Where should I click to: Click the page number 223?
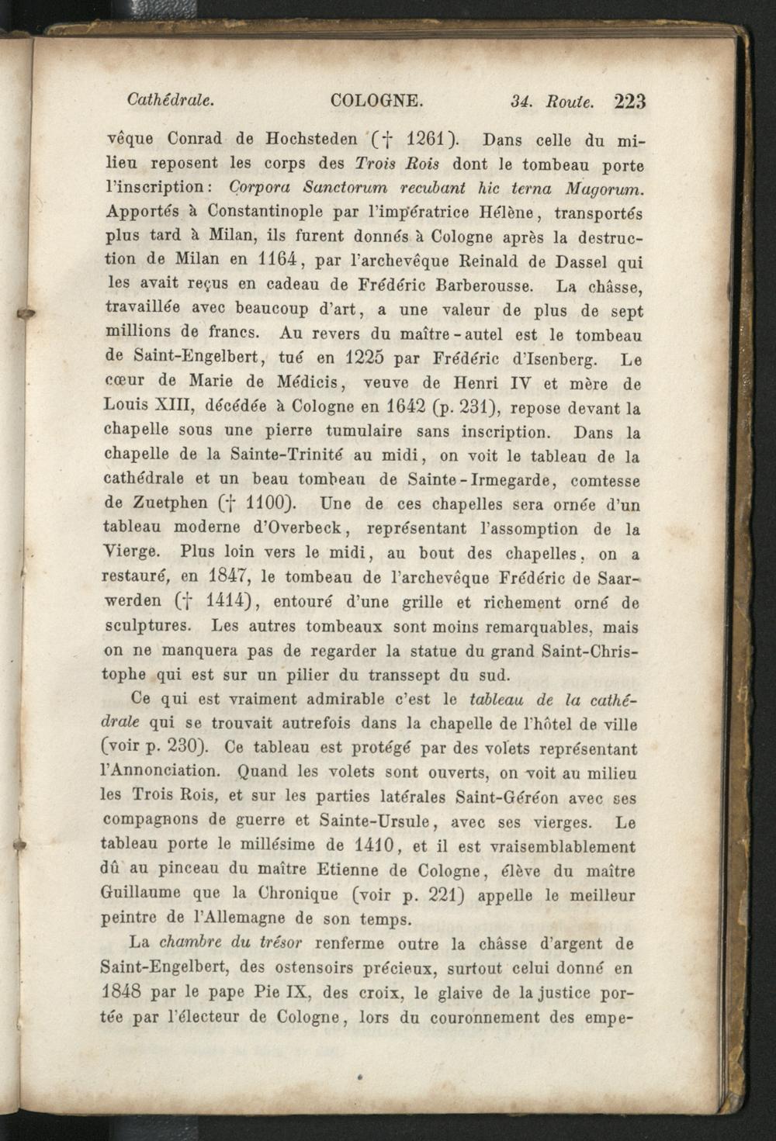(629, 102)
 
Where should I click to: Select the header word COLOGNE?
(376, 101)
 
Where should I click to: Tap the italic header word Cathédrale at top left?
(170, 100)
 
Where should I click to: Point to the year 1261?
(424, 140)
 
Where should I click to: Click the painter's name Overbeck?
(303, 529)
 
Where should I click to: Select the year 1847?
(229, 577)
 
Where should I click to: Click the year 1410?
(376, 845)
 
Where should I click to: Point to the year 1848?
(121, 993)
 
